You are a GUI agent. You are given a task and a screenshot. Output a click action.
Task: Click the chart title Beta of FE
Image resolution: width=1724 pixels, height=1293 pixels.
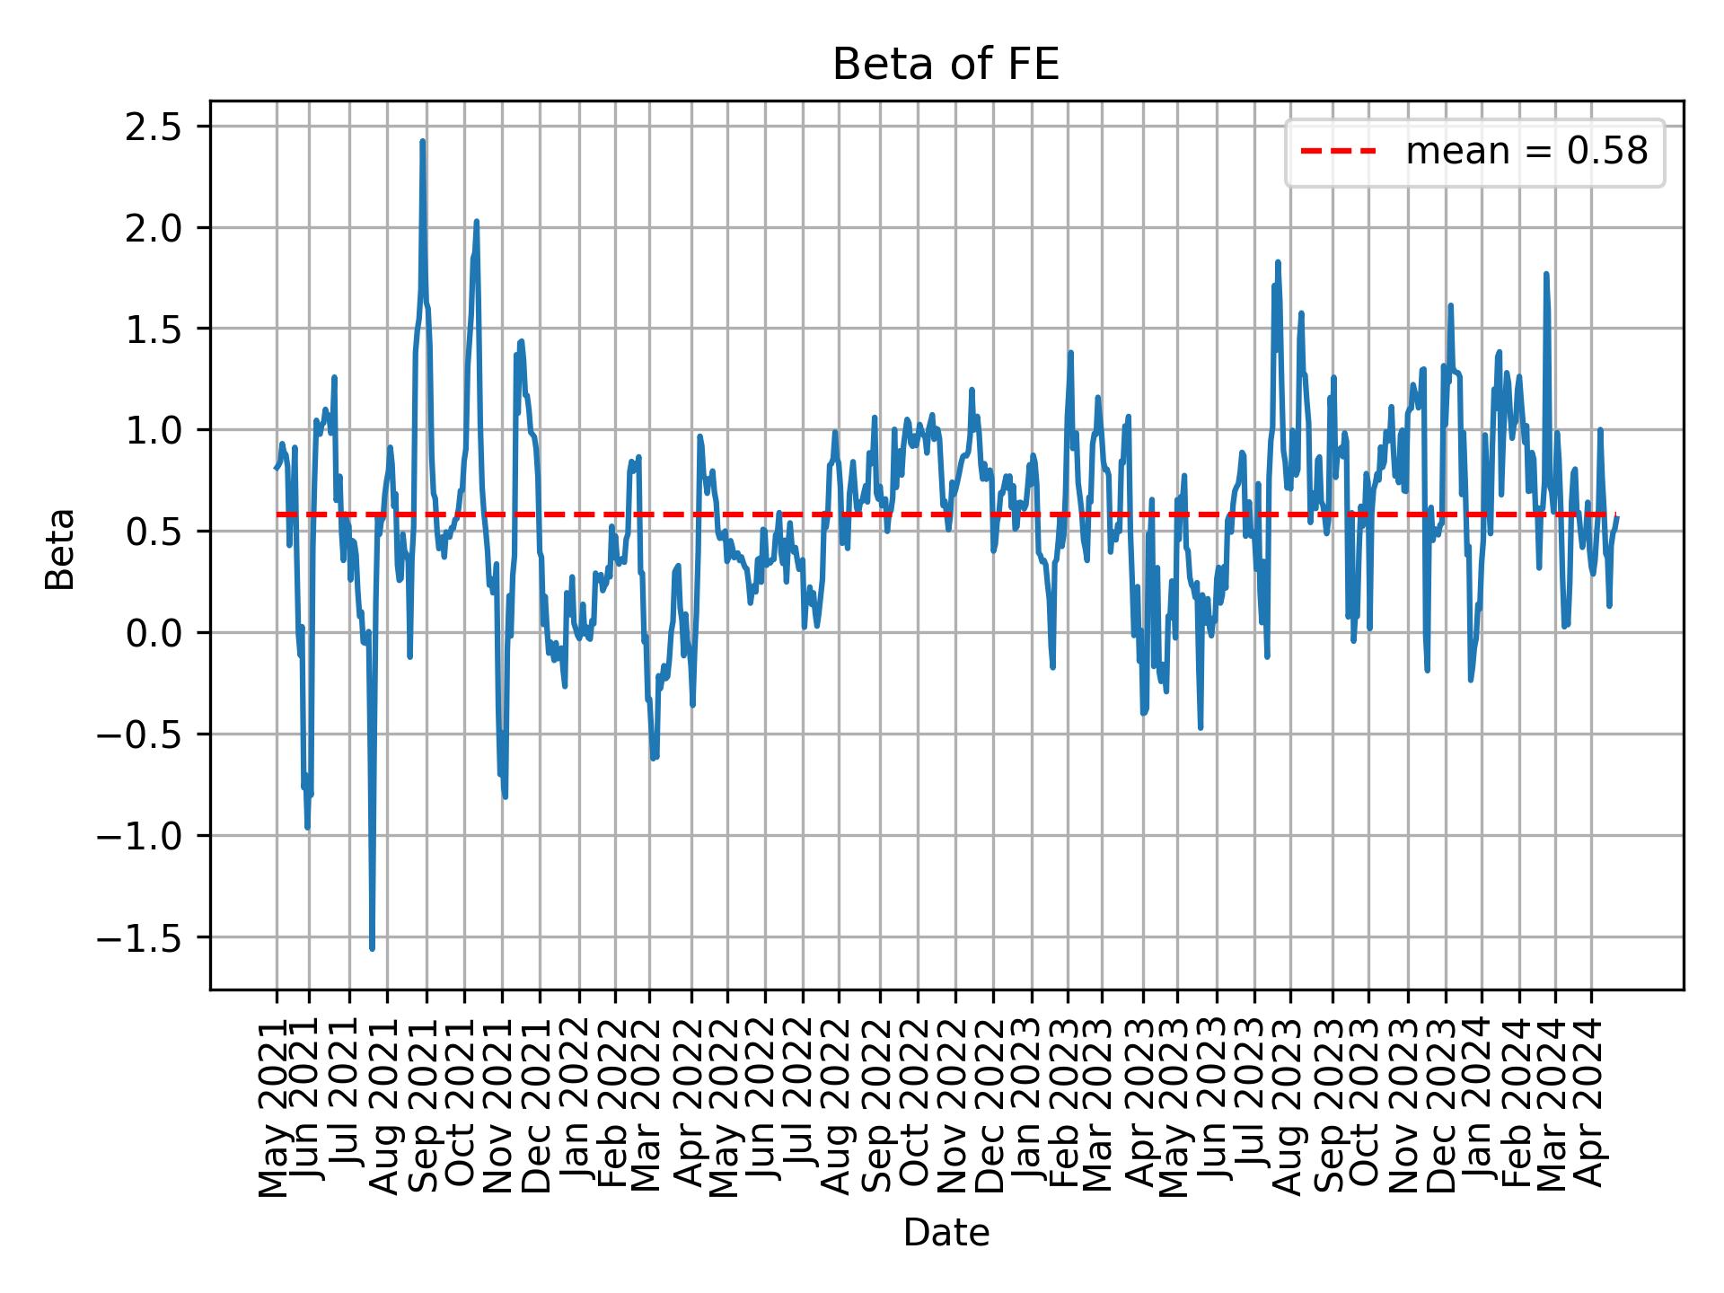tap(946, 66)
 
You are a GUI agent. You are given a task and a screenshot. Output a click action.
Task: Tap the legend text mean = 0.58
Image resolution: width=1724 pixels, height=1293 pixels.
tap(1526, 153)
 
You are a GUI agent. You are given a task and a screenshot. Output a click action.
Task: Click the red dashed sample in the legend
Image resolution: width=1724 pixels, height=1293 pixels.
tap(1338, 153)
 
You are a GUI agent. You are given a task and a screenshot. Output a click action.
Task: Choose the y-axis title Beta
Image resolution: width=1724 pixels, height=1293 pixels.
tap(60, 549)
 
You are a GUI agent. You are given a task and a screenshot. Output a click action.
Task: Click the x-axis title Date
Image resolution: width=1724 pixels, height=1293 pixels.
tap(946, 1234)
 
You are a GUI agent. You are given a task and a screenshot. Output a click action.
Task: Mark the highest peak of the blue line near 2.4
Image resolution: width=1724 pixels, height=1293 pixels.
tap(422, 142)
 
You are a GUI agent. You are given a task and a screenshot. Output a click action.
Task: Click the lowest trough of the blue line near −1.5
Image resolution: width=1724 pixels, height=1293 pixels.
tap(372, 948)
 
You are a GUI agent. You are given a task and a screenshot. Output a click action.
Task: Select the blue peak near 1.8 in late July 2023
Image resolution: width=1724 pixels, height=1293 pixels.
tap(1278, 262)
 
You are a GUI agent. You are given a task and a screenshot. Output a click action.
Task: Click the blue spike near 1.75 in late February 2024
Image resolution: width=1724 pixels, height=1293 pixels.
tap(1546, 274)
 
